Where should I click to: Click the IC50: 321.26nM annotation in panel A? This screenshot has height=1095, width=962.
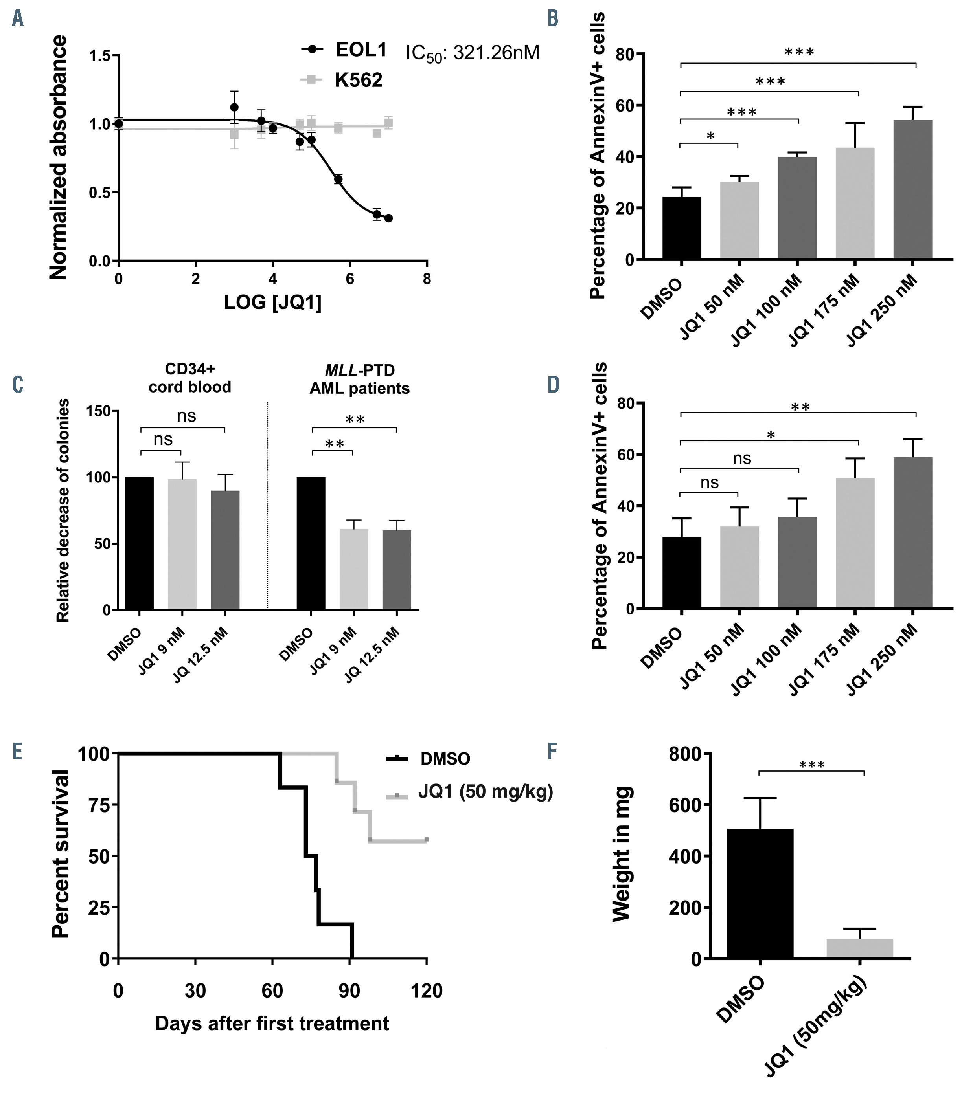[472, 53]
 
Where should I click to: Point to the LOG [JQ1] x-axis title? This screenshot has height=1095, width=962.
[272, 303]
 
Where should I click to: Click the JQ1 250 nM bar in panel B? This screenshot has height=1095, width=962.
[913, 190]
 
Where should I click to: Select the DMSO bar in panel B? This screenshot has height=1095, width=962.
[681, 228]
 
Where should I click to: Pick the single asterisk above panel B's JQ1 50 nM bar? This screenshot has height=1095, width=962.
[710, 136]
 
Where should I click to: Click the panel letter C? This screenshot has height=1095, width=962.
[17, 385]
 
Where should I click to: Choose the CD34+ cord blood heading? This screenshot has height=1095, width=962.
[190, 378]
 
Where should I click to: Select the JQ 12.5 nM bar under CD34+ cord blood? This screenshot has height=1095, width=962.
[225, 550]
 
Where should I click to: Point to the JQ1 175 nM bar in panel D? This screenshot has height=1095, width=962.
[855, 543]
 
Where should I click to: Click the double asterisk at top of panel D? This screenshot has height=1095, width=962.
[799, 407]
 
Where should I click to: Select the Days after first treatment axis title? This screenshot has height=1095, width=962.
[272, 1023]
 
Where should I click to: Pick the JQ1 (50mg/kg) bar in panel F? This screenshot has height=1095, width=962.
[860, 949]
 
